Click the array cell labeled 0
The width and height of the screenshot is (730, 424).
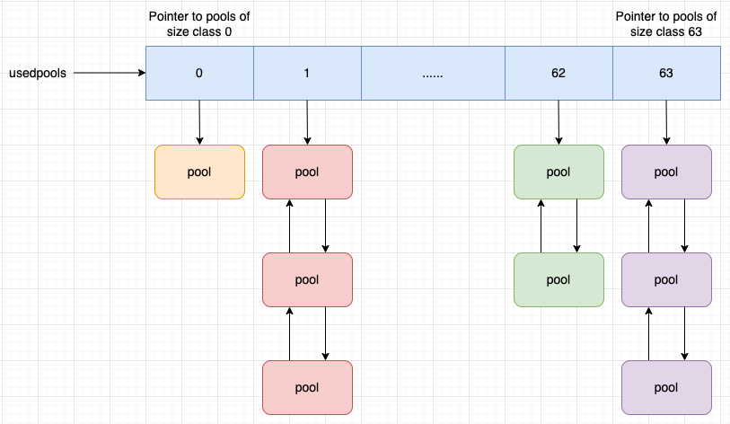tap(199, 73)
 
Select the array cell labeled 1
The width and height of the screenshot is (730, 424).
tap(307, 73)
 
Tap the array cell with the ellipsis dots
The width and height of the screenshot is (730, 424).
tap(433, 73)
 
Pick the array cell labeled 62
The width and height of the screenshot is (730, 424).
tap(558, 73)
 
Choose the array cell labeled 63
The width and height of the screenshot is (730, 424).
tap(666, 73)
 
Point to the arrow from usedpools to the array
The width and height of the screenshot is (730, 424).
tap(108, 73)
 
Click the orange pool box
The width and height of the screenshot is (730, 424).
tap(199, 172)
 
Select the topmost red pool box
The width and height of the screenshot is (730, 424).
tap(307, 172)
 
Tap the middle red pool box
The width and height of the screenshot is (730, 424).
tap(307, 279)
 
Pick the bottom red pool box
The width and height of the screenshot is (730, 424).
tap(307, 387)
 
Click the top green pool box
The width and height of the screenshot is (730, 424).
tap(558, 172)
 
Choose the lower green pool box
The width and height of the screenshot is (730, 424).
tap(558, 279)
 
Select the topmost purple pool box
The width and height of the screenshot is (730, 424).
tap(666, 172)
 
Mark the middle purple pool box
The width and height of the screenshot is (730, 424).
tap(666, 279)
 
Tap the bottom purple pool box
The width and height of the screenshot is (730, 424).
tap(666, 387)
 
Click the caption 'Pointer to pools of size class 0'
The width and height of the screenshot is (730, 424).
tap(199, 23)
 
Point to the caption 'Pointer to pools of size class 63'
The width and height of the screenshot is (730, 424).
tap(666, 23)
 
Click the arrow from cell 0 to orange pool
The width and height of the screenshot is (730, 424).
tap(199, 121)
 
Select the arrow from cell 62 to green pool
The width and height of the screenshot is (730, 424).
tap(558, 121)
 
